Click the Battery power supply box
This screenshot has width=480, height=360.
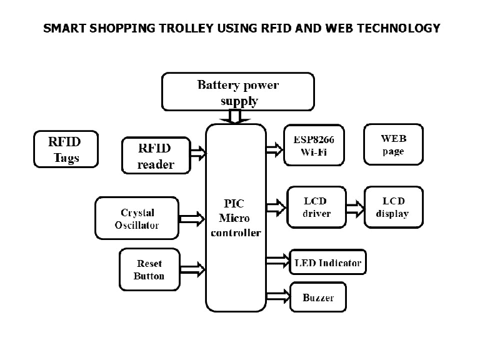click(x=237, y=92)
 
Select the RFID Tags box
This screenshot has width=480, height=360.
click(x=66, y=149)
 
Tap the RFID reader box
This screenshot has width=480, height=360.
click(x=154, y=155)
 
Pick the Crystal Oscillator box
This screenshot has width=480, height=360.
click(x=137, y=218)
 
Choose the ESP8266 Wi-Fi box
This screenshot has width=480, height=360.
click(x=314, y=145)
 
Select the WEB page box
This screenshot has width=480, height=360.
click(x=393, y=144)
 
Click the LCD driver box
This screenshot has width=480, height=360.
click(x=316, y=207)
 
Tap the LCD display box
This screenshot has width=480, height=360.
click(x=393, y=207)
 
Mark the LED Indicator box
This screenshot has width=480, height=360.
click(x=327, y=262)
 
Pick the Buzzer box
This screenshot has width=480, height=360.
click(x=318, y=297)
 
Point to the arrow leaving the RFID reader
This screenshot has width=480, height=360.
click(x=197, y=152)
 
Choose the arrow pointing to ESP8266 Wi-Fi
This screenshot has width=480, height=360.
click(x=274, y=149)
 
